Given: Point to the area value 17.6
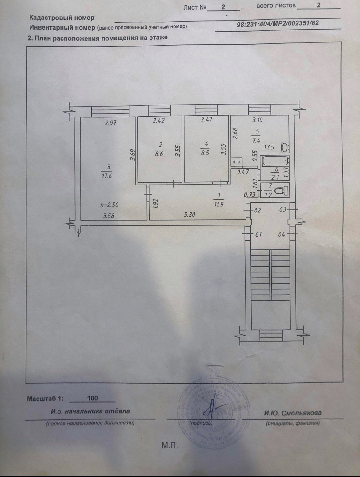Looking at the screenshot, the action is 106,177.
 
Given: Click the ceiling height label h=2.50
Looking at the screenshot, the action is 109,205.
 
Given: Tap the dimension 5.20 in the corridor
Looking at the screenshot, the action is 189,215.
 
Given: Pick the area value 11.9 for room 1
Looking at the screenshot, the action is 218,204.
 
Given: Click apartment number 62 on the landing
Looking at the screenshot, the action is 258,210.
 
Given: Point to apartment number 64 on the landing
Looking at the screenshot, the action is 281,234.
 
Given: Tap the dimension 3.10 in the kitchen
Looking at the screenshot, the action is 257,120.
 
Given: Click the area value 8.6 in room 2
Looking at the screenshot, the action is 159,153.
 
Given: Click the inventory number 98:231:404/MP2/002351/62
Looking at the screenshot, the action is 278,23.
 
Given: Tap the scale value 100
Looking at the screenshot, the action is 92,398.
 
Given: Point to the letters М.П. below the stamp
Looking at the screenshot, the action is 170,445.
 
